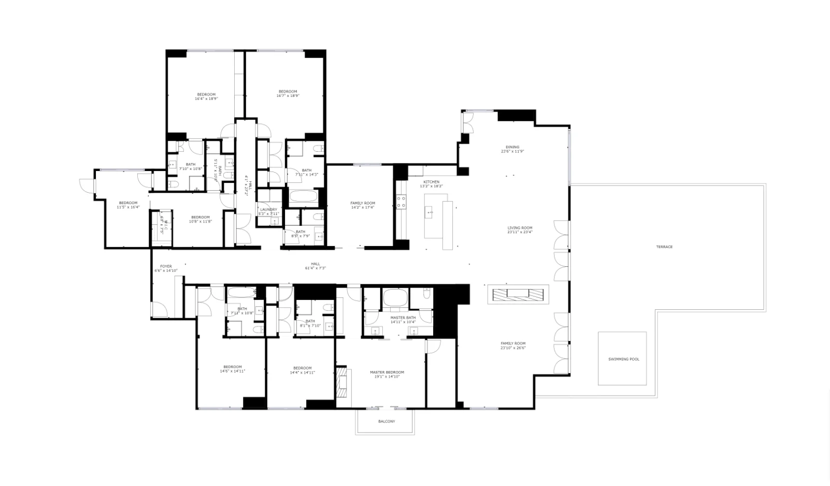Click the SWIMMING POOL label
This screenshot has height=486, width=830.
(623, 359)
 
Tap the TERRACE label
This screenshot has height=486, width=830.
(664, 247)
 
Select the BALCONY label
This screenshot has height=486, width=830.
(387, 421)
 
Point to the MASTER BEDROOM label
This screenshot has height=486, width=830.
(387, 372)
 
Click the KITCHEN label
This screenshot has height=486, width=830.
(431, 182)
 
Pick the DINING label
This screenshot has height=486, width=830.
(512, 147)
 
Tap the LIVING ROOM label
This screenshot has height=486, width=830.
(520, 228)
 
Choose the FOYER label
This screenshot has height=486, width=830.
(166, 266)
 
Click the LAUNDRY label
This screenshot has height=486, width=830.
(268, 209)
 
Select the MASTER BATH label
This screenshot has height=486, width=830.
(403, 318)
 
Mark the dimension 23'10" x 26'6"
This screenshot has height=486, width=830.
(513, 348)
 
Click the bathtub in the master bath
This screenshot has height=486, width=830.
(395, 298)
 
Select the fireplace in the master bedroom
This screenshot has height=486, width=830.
(341, 383)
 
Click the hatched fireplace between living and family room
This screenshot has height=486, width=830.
(518, 294)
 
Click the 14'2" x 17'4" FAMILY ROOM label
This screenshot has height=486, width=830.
(363, 203)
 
